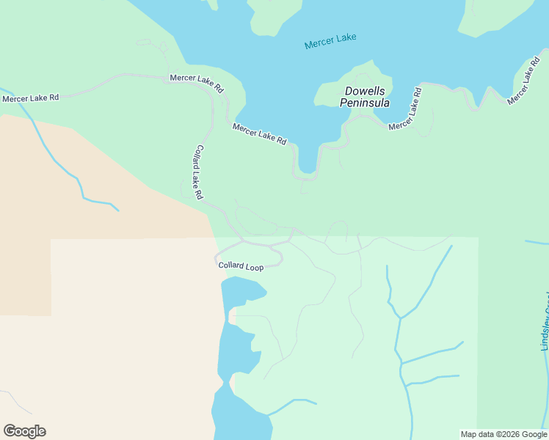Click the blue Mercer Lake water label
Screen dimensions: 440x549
point(330,41)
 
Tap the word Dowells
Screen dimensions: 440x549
point(365,92)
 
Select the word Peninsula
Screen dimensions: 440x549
point(365,103)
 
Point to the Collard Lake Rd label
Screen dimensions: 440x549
point(198,172)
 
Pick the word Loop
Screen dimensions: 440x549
point(255,268)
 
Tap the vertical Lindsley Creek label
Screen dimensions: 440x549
point(545,323)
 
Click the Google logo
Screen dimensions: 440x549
point(25,430)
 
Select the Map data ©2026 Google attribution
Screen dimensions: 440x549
point(503,434)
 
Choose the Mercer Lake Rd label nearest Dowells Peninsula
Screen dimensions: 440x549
point(406,110)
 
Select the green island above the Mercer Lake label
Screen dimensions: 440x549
point(275,15)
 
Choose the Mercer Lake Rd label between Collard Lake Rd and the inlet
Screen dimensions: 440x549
point(259,133)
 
